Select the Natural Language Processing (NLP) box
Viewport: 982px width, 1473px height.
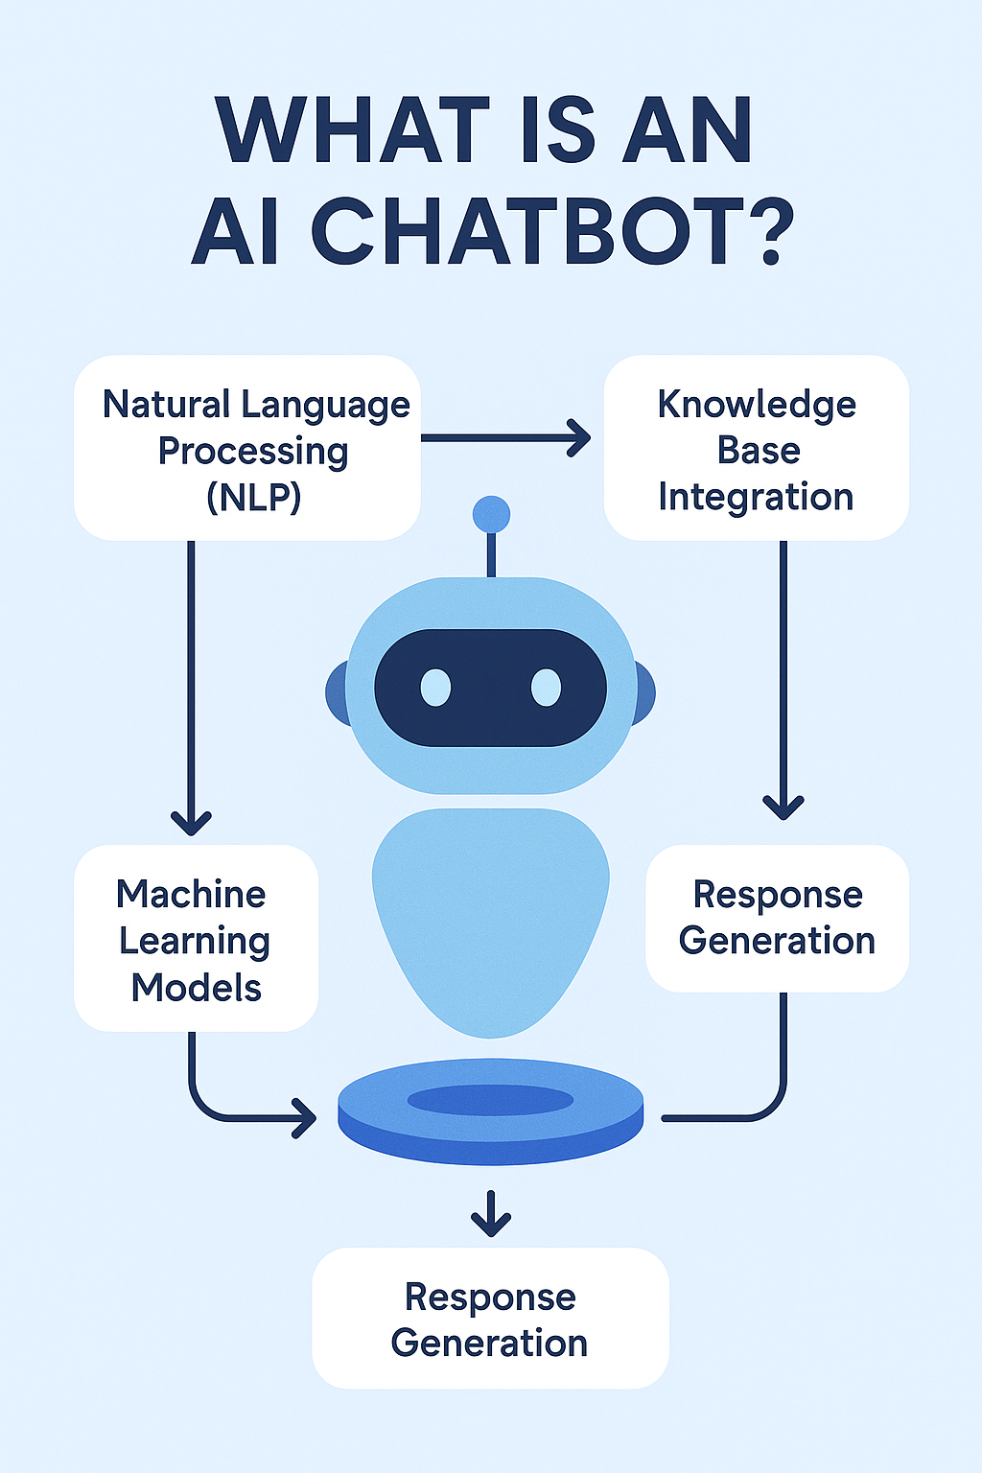247,448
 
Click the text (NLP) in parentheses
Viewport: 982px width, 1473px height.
253,497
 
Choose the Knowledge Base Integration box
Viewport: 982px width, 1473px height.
756,448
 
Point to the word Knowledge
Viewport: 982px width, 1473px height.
757,405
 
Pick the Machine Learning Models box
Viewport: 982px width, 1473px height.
196,939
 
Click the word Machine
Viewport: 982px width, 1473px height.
191,894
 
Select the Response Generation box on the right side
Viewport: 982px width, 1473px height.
777,918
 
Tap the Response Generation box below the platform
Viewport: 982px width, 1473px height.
490,1319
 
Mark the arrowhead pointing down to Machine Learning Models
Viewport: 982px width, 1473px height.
191,821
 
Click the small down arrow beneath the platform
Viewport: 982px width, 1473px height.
491,1215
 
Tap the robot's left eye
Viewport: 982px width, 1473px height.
435,688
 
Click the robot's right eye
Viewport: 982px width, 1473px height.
546,688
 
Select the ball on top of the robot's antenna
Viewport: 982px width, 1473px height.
492,515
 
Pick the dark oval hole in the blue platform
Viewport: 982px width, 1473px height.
491,1100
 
